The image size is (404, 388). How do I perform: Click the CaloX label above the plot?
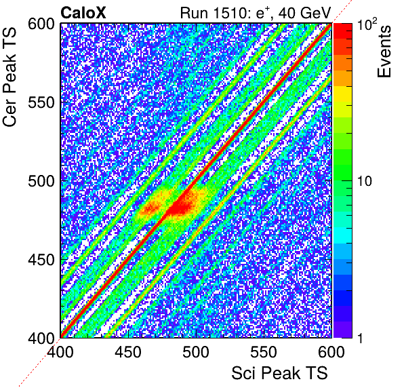[83, 13]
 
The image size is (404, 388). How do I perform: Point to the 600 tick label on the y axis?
[42, 24]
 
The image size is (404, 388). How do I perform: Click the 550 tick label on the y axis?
[42, 103]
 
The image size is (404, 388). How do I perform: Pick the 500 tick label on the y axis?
[42, 182]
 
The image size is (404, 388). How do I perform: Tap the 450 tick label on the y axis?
[42, 260]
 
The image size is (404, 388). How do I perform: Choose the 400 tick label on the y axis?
[42, 338]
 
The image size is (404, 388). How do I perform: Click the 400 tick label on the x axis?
[60, 352]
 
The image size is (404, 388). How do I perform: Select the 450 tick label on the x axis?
[128, 352]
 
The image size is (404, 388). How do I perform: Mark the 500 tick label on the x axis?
[196, 352]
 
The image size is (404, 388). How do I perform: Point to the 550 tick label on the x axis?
[264, 352]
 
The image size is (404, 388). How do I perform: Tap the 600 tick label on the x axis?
[331, 352]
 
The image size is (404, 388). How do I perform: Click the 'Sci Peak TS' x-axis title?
[279, 373]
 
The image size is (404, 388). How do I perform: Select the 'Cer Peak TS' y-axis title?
[9, 77]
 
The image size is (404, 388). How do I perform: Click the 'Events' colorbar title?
[384, 52]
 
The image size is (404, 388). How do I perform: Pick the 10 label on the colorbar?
[365, 182]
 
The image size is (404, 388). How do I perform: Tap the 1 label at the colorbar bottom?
[360, 338]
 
